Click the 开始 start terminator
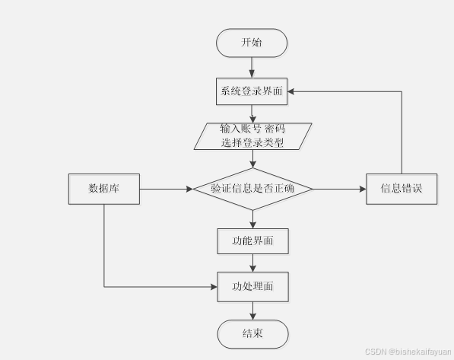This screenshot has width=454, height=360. [x=252, y=43]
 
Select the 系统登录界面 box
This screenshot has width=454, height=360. [x=252, y=91]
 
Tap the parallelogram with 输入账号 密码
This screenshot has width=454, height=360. [x=252, y=136]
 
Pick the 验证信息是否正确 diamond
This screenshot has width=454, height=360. [x=252, y=189]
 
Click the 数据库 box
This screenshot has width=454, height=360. [x=104, y=189]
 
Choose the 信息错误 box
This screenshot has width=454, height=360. [x=402, y=189]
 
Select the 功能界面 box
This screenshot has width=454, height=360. [x=252, y=241]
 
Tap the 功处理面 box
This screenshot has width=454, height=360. [x=252, y=287]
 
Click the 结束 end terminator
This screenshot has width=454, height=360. [x=252, y=334]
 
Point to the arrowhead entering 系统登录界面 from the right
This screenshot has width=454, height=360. [x=290, y=91]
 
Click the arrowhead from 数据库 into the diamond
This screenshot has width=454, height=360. [x=189, y=189]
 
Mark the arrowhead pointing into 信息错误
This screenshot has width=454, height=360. [x=363, y=189]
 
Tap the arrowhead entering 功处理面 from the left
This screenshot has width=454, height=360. [x=214, y=287]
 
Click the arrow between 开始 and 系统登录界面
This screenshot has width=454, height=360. [x=252, y=68]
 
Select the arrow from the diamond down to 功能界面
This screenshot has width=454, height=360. [x=252, y=219]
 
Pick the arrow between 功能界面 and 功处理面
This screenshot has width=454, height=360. [x=252, y=263]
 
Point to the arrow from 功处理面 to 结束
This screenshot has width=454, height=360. [x=252, y=311]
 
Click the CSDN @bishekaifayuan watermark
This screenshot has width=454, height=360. [x=408, y=352]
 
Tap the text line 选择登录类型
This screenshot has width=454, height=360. [x=252, y=142]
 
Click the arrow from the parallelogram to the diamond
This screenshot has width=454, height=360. [x=252, y=159]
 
